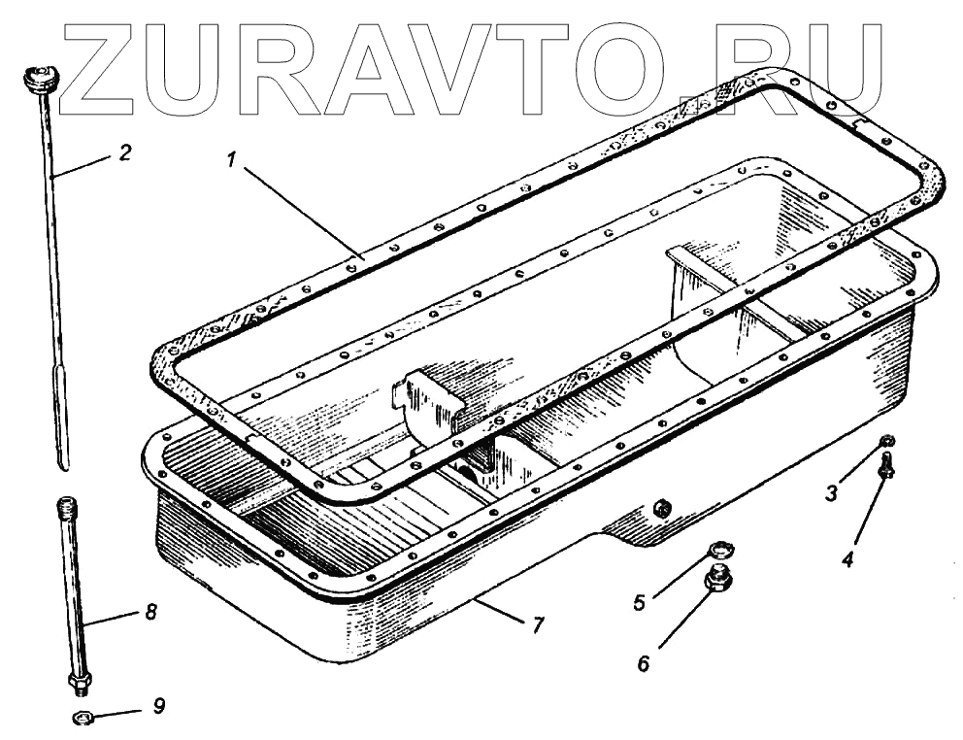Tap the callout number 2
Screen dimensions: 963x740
[125, 152]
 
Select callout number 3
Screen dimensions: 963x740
[831, 492]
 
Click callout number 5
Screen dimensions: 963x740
[639, 602]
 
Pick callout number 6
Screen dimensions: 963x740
[644, 664]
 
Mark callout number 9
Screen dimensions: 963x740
[159, 706]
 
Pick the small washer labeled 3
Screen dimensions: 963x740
[886, 443]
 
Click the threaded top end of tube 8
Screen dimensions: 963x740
[67, 507]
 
